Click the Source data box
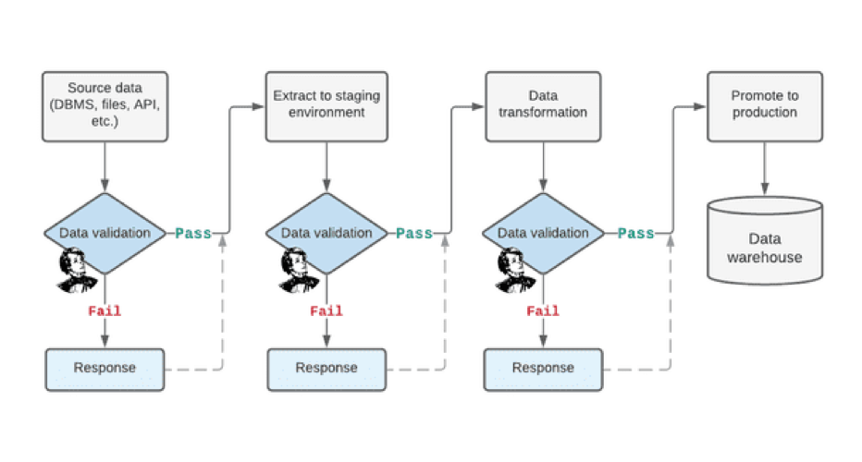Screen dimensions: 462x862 point(105,106)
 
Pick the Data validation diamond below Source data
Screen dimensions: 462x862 point(105,233)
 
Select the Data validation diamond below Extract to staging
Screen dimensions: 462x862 point(325,233)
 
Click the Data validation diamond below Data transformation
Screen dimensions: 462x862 point(543,233)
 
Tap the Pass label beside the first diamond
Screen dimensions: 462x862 point(193,234)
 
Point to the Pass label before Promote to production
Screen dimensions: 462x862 point(635,234)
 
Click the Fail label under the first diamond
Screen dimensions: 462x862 point(105,311)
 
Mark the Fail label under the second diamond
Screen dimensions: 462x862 point(325,311)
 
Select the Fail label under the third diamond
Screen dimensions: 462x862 point(543,311)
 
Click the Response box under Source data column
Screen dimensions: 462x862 point(105,368)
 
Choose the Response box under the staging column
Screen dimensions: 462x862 point(325,369)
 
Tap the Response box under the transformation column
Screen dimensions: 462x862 point(543,369)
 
